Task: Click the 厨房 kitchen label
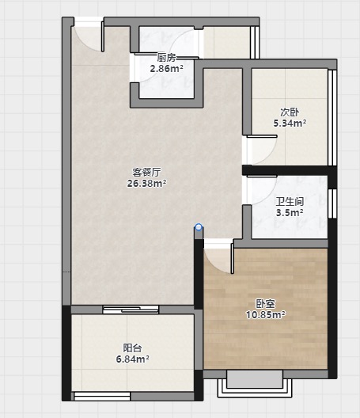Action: (x=166, y=57)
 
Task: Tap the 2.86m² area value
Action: (x=166, y=69)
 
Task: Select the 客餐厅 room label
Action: (x=146, y=173)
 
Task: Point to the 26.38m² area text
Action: (x=146, y=184)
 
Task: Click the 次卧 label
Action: (x=290, y=112)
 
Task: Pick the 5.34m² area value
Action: (x=290, y=123)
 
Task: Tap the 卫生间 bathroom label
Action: (x=290, y=202)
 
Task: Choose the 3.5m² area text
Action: (x=290, y=213)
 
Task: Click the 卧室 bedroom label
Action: (x=265, y=304)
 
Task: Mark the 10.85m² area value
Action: (x=265, y=315)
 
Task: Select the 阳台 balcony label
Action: (x=132, y=348)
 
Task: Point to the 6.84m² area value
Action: (x=132, y=359)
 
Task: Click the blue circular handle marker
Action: (x=199, y=227)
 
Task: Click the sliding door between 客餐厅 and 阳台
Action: (x=131, y=310)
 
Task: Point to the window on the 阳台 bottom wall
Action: (x=102, y=396)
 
